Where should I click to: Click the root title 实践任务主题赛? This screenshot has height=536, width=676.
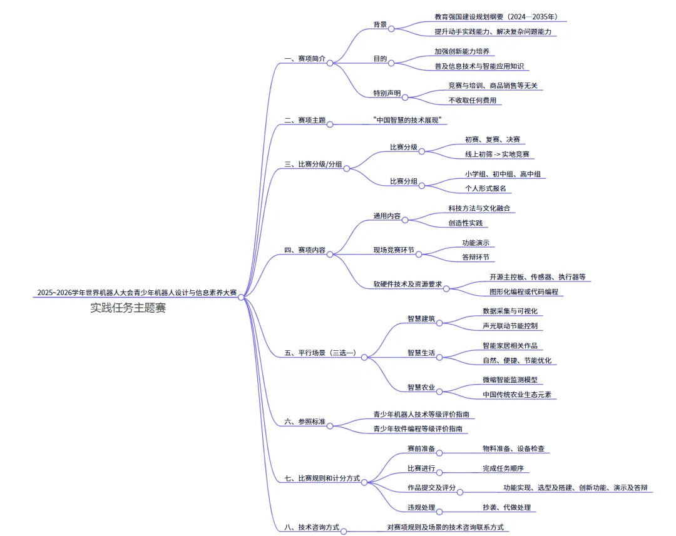point(128,308)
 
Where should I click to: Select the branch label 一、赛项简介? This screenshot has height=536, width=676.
point(305,58)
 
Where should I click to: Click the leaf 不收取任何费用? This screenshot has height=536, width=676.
point(472,99)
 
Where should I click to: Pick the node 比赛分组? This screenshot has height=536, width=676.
point(404,181)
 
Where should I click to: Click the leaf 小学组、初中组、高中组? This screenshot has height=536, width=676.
point(503,174)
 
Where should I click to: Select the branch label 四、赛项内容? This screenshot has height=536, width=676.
point(305,250)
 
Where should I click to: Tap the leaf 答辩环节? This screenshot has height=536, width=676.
point(475,256)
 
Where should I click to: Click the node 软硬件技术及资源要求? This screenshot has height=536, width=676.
point(407,284)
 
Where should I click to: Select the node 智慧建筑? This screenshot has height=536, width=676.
point(421,318)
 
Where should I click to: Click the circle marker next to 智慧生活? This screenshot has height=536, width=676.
point(440,357)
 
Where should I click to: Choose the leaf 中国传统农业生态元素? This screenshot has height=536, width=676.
point(520,395)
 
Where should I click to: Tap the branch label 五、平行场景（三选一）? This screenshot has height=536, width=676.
point(320,353)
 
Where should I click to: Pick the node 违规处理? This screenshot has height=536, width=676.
point(421,507)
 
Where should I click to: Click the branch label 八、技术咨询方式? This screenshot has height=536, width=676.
point(311,527)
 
